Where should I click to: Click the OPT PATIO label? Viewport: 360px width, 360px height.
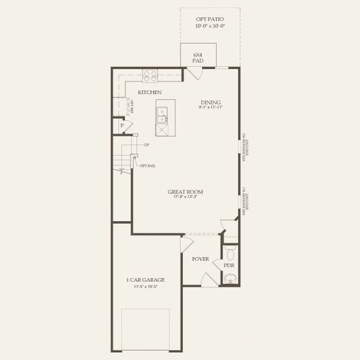pyautogui.click(x=210, y=19)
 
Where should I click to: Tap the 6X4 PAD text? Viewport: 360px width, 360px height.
pyautogui.click(x=197, y=58)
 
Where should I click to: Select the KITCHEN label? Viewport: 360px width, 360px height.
pyautogui.click(x=149, y=92)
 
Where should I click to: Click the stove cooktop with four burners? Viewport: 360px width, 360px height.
pyautogui.click(x=150, y=75)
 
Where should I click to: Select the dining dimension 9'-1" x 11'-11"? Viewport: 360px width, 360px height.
pyautogui.click(x=211, y=107)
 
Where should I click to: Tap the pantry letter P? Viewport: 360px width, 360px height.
pyautogui.click(x=121, y=125)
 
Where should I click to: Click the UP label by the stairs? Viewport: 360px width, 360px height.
pyautogui.click(x=146, y=145)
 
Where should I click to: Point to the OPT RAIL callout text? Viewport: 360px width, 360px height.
pyautogui.click(x=148, y=166)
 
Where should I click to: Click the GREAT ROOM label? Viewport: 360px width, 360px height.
pyautogui.click(x=185, y=192)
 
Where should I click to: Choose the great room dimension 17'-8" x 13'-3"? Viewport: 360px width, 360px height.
pyautogui.click(x=185, y=197)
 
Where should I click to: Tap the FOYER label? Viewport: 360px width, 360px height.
pyautogui.click(x=200, y=259)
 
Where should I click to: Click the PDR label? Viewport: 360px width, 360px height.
pyautogui.click(x=229, y=265)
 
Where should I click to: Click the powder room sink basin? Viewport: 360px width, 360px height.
pyautogui.click(x=230, y=278)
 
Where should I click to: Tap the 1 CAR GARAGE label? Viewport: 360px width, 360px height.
pyautogui.click(x=145, y=280)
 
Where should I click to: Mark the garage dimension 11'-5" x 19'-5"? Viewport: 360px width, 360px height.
pyautogui.click(x=145, y=286)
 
